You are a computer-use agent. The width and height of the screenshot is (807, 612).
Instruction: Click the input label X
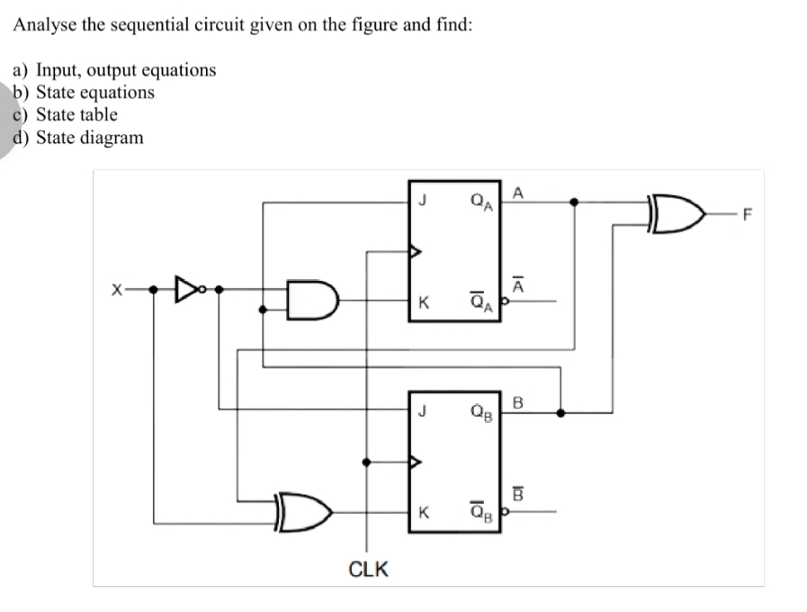point(115,291)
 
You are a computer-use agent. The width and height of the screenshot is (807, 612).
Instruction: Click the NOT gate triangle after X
point(186,290)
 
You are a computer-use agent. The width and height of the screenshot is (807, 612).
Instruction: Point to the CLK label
point(368,569)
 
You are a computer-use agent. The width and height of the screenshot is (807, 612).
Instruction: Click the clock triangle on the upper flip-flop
point(415,252)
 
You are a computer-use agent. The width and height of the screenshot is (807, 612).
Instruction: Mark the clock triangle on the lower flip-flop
point(415,463)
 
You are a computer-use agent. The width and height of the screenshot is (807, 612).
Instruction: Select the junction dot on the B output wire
point(560,413)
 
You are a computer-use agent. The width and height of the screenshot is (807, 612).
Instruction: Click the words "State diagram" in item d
point(89,138)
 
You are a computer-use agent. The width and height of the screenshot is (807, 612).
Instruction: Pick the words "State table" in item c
point(76,114)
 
